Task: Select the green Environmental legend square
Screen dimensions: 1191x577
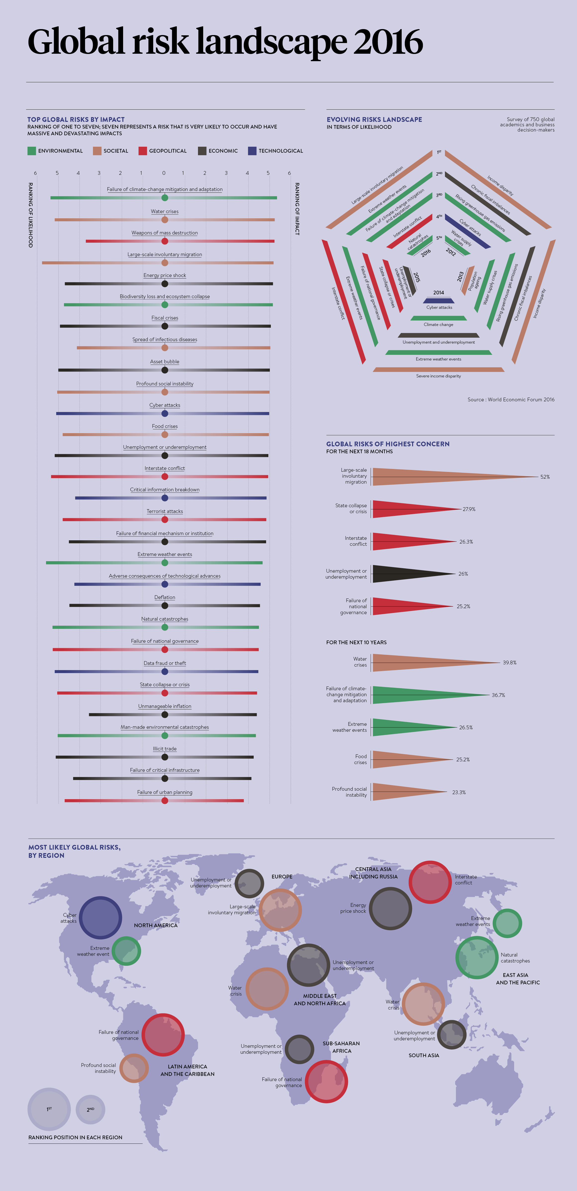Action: [x=31, y=151]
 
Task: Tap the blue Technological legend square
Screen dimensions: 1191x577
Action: [x=252, y=151]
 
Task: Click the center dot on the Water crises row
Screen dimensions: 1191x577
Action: [x=165, y=220]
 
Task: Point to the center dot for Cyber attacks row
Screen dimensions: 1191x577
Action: [x=165, y=413]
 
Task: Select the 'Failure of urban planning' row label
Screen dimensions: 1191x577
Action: [x=165, y=792]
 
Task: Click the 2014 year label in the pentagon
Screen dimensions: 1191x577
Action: [x=438, y=293]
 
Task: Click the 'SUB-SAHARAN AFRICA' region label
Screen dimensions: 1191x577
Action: [x=341, y=1047]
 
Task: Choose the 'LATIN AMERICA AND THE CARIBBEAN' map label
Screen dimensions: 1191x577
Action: [x=187, y=1070]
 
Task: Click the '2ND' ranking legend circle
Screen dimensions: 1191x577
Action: [x=91, y=1109]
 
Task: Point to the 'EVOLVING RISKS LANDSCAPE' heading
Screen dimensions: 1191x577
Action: [x=374, y=119]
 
